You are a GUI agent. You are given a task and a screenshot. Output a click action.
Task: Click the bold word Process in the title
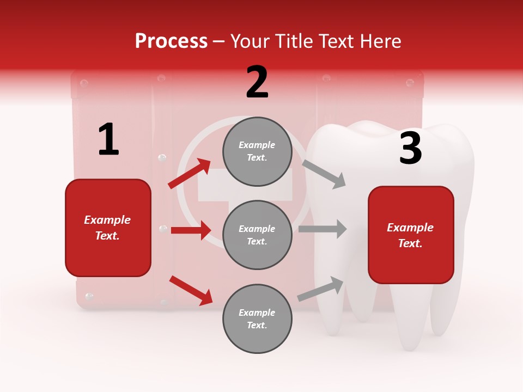point(171,41)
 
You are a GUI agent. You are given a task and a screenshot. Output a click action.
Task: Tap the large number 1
point(108,139)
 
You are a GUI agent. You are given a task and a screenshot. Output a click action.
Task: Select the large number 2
point(257,82)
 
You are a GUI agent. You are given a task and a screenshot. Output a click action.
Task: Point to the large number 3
point(410,148)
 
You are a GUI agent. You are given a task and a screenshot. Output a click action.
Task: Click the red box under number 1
point(108,228)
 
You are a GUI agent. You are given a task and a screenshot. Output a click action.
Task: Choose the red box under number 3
point(411,235)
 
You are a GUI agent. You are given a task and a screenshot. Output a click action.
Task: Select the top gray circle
point(257,151)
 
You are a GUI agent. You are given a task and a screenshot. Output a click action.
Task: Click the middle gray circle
point(257,235)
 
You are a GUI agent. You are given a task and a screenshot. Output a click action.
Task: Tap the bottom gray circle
point(257,318)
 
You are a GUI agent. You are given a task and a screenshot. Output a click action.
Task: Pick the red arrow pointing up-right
point(190,174)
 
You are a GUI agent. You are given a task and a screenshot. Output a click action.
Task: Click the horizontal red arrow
point(191,230)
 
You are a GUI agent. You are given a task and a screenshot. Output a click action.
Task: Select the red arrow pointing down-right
point(191,290)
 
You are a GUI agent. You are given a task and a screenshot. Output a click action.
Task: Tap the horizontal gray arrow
point(322,229)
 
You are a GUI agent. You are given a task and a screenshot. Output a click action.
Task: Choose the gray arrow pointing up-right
point(321,289)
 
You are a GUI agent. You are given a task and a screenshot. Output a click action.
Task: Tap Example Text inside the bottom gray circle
point(257,319)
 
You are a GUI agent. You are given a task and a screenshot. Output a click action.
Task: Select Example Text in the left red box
point(108,228)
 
